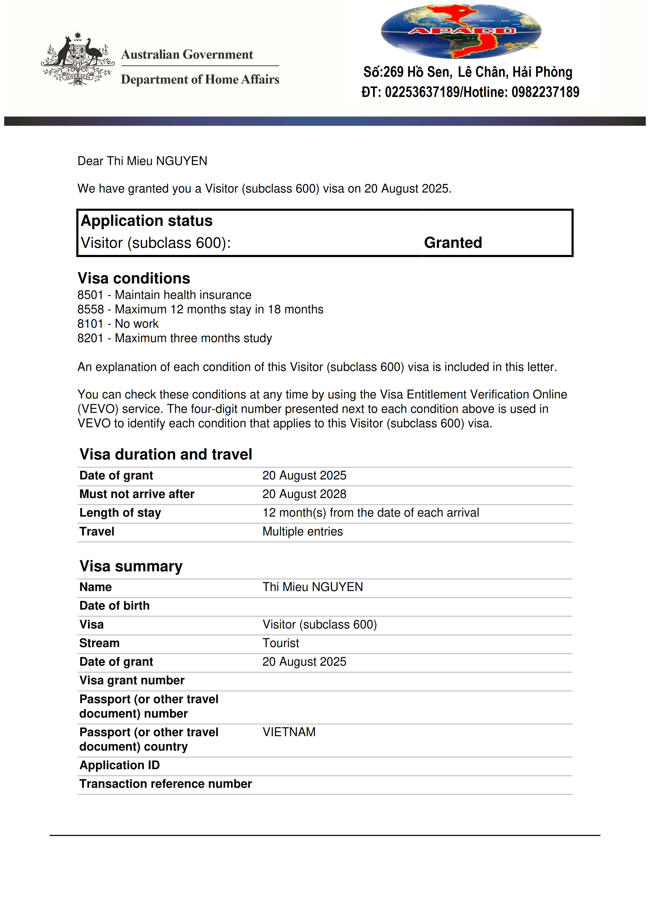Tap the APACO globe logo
[461, 31]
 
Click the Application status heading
[147, 221]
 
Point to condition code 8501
[90, 295]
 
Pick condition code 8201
[90, 338]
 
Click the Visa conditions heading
[134, 278]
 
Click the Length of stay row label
[120, 513]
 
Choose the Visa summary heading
[131, 566]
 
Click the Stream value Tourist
[281, 643]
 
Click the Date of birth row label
[115, 606]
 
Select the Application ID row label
[119, 765]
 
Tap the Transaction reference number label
[165, 784]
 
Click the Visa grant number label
[132, 680]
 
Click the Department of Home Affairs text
[200, 79]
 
